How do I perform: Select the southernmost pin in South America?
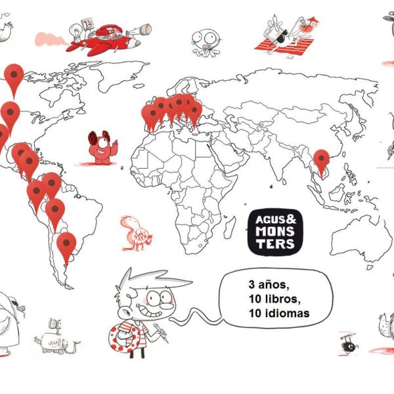[x=66, y=244]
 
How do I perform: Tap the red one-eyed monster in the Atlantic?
[x=101, y=148]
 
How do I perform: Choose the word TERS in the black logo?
[x=276, y=244]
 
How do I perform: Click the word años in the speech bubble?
[x=275, y=286]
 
